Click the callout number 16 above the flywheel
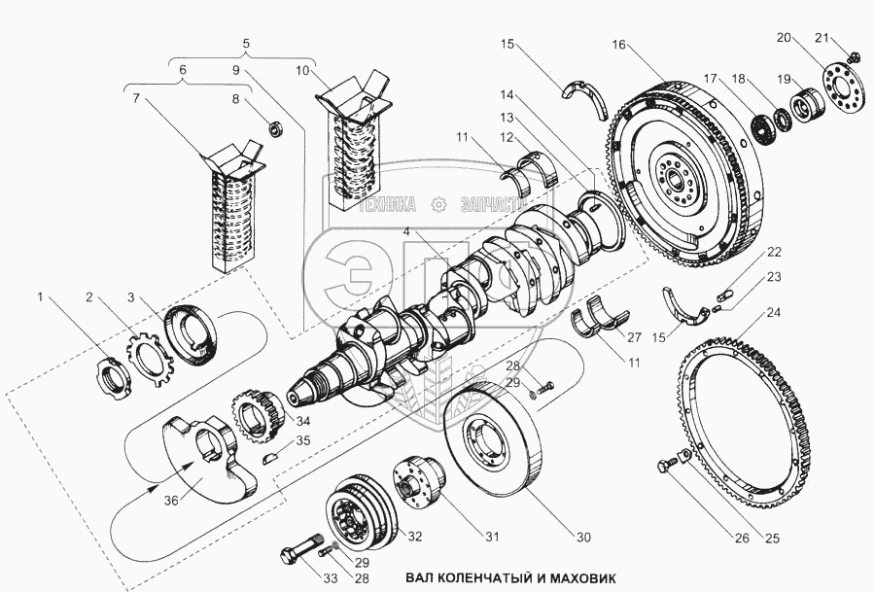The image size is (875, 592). (619, 44)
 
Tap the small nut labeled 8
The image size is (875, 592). (276, 129)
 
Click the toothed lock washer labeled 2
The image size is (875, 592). (150, 359)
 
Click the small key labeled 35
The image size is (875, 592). (271, 458)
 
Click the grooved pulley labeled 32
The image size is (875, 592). (361, 510)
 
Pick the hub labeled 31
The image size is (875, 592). (421, 480)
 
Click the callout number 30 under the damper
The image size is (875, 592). (583, 538)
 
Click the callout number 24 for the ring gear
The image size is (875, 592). (774, 312)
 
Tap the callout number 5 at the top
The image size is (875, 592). (246, 43)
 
